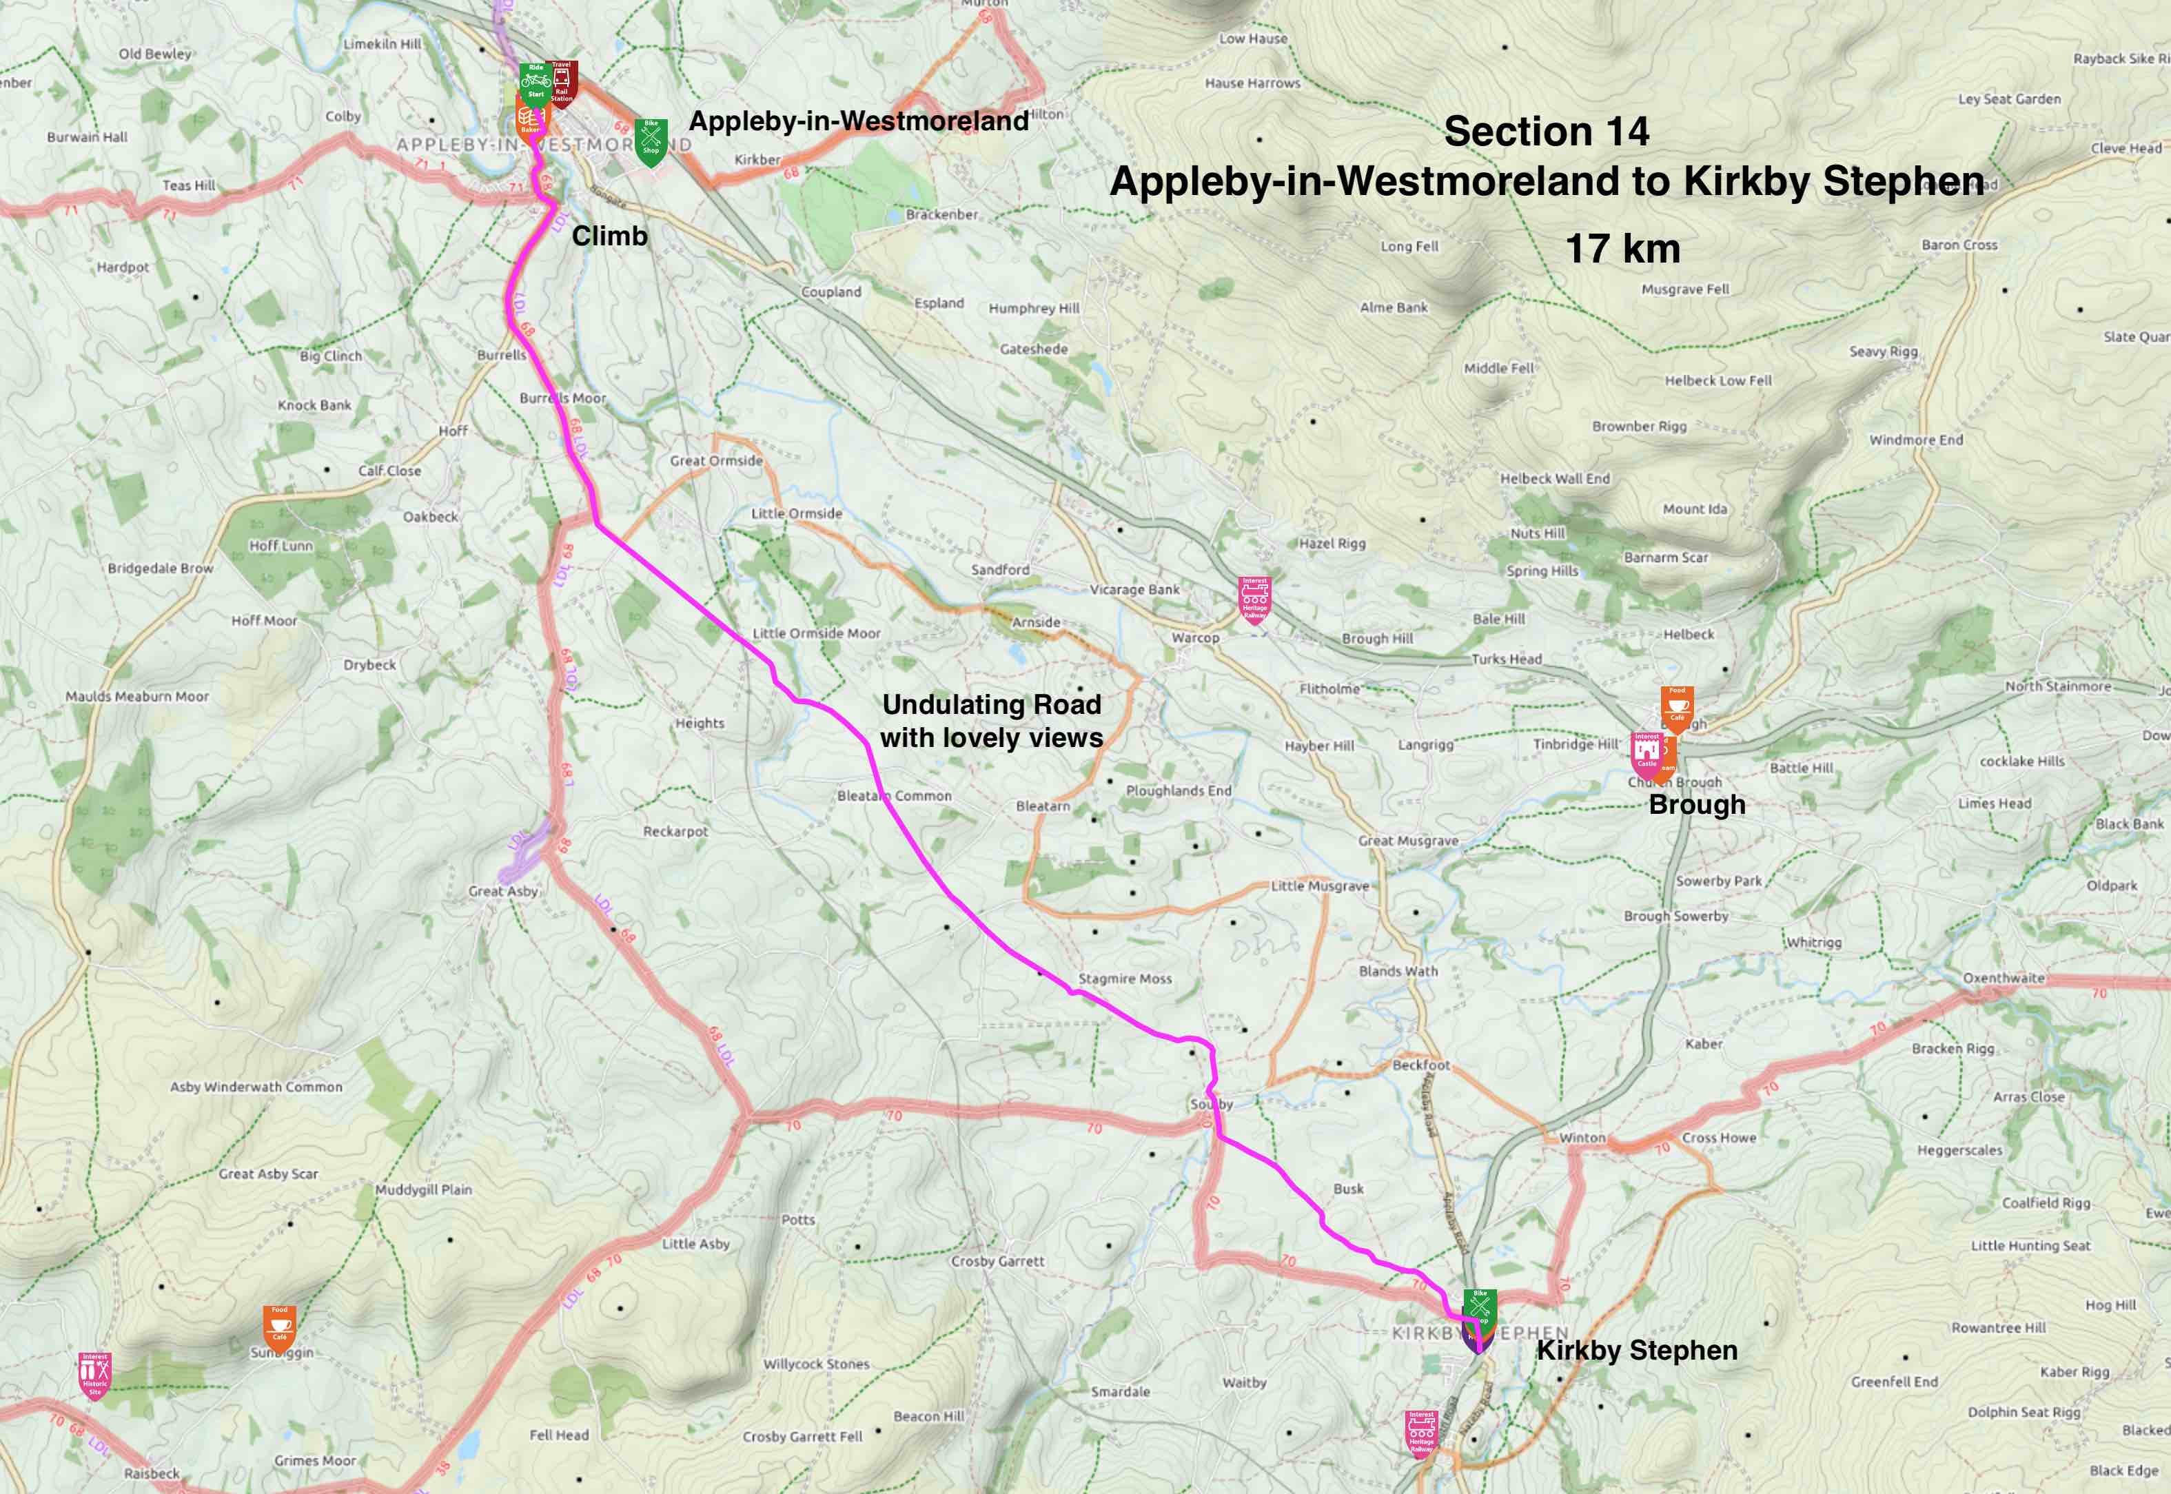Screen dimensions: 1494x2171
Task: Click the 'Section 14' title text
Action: point(1547,131)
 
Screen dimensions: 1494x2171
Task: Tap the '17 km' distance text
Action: point(1622,249)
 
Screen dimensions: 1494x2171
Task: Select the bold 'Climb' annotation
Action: point(609,236)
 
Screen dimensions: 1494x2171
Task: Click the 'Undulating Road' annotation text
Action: point(991,704)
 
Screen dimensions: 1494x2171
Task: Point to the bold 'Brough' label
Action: point(1696,805)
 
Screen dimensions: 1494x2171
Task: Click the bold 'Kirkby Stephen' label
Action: point(1636,1350)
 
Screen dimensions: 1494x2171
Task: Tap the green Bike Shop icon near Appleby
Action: point(651,141)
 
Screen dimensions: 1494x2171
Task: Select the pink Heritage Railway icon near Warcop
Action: point(1254,598)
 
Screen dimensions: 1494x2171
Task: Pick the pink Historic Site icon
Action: point(94,1374)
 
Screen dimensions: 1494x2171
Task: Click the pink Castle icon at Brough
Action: point(1646,754)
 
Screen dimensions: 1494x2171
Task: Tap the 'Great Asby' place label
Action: point(502,891)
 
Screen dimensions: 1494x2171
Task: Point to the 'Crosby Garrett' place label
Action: point(997,1261)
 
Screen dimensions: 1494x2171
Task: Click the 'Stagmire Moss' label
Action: point(1124,979)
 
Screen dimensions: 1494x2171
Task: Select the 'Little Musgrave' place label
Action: point(1319,886)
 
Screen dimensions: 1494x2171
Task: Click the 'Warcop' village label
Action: point(1196,637)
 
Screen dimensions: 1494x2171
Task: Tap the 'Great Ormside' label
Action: point(716,460)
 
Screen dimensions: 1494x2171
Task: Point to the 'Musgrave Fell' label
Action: point(1685,289)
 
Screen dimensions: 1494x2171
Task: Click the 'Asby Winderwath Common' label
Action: point(256,1087)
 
